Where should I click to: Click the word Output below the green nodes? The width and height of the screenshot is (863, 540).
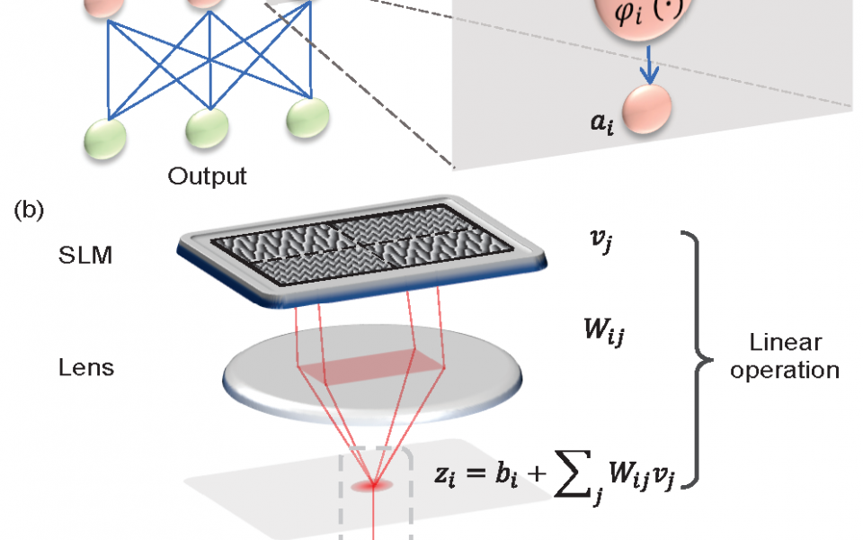[x=207, y=175]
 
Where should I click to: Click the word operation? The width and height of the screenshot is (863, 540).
[x=784, y=370]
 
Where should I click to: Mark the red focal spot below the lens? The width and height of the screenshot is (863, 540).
[x=375, y=486]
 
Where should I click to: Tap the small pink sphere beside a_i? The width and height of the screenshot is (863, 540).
[x=647, y=110]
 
